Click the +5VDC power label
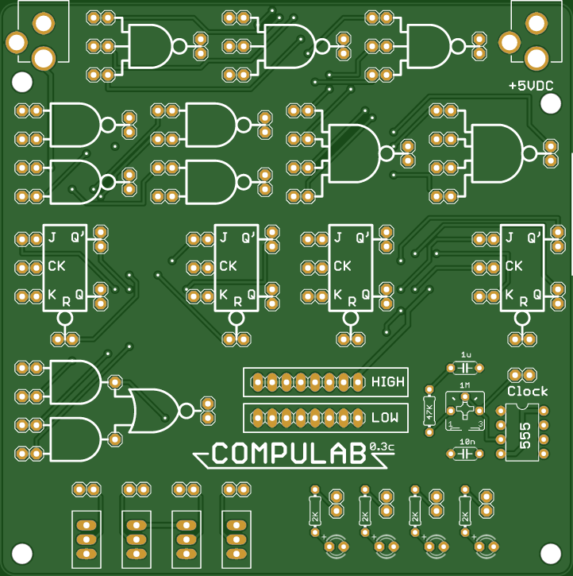click(x=531, y=86)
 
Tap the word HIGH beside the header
click(x=388, y=382)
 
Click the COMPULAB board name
click(x=288, y=454)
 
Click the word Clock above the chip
click(x=527, y=391)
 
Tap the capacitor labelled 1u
click(x=465, y=368)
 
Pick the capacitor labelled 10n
click(x=465, y=453)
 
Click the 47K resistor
click(x=429, y=411)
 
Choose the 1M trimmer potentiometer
click(x=465, y=411)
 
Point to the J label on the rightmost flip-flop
click(x=510, y=238)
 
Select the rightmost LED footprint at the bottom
click(x=487, y=546)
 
